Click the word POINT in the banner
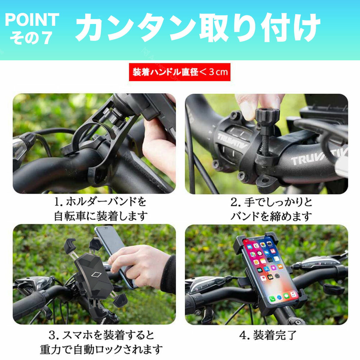[x=32, y=20]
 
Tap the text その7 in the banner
[x=31, y=38]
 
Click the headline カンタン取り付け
[x=198, y=28]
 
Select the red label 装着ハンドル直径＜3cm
[x=180, y=72]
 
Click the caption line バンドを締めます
[x=271, y=216]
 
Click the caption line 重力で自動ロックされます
[x=101, y=349]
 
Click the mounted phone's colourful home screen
[x=270, y=270]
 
